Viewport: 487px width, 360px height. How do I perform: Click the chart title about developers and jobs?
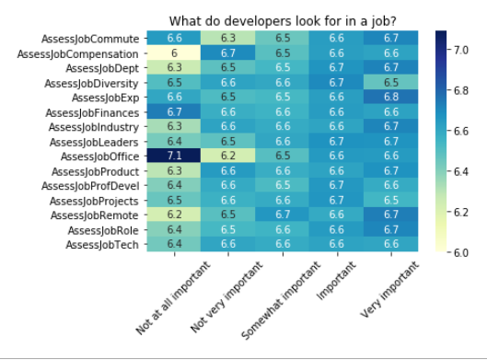281,21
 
